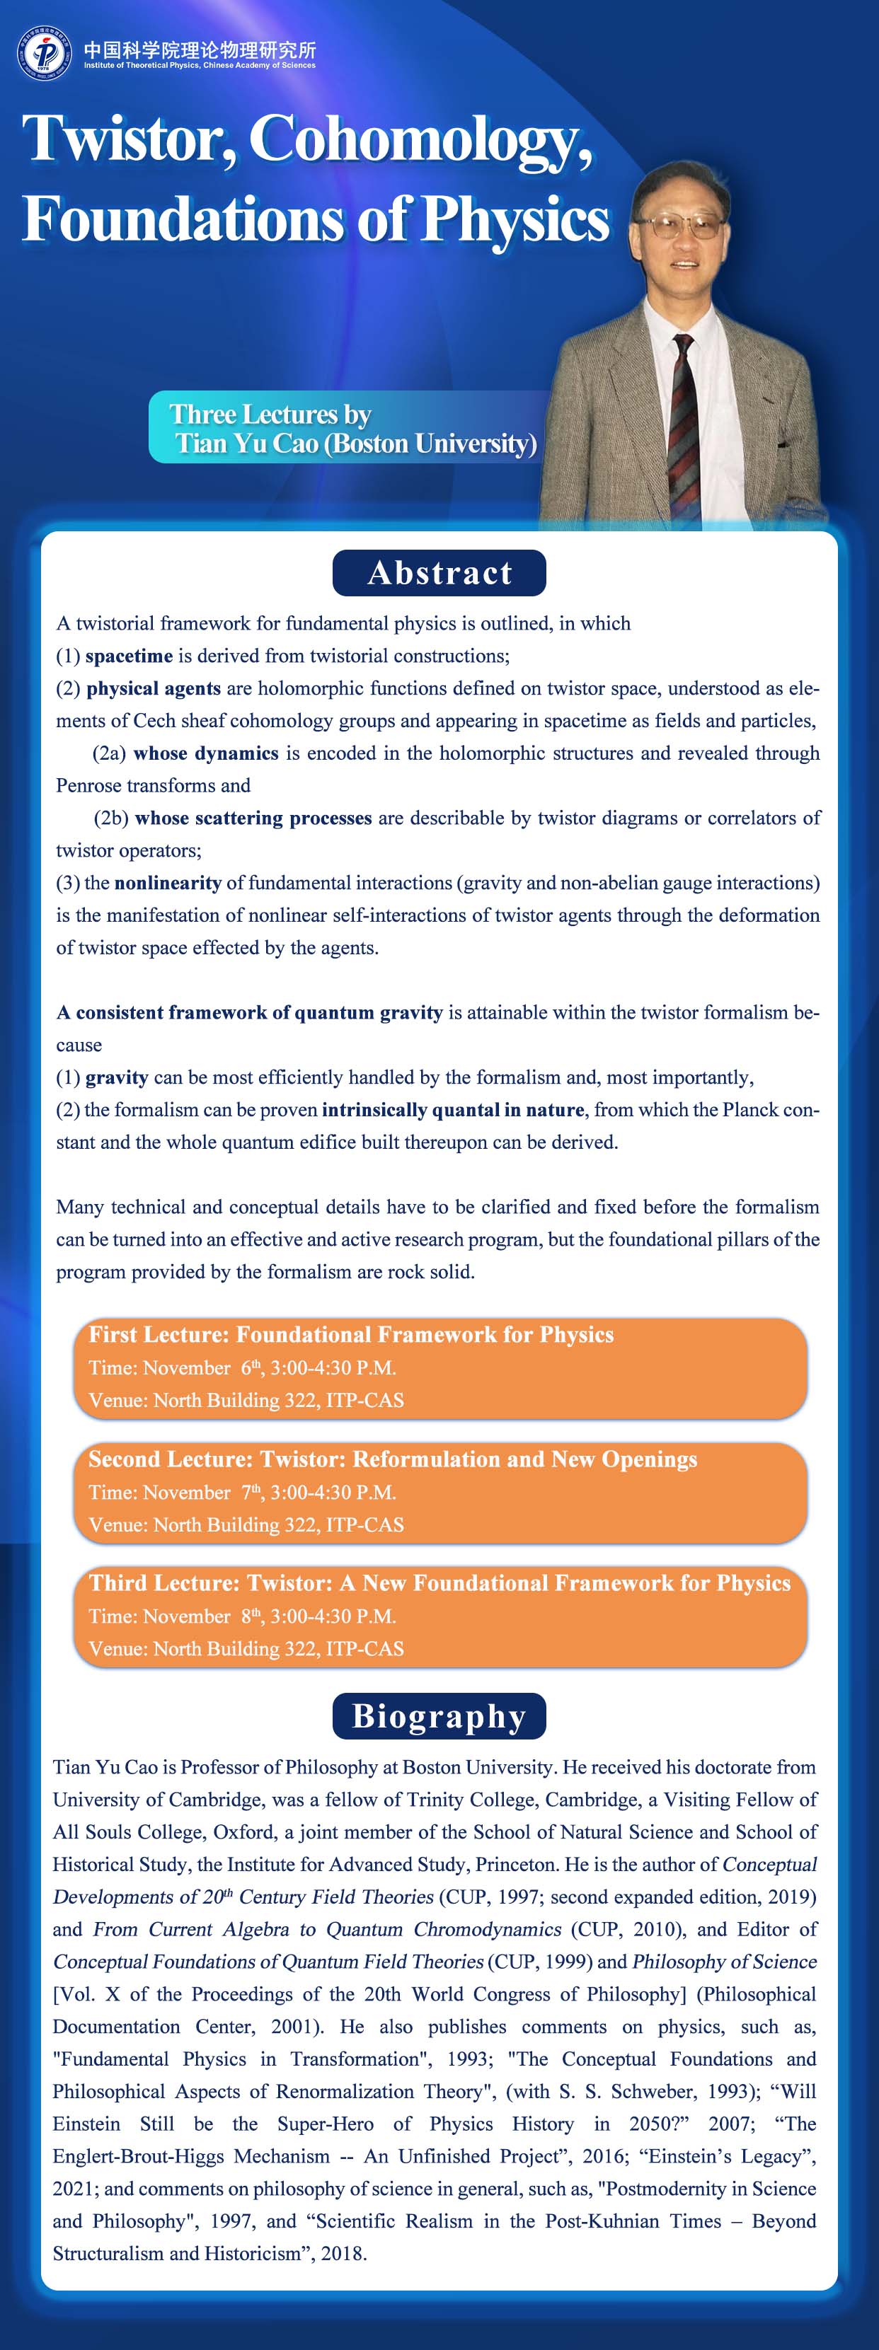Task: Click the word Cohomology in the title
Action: tap(420, 139)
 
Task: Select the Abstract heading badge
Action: tap(439, 573)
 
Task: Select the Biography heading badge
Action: tap(439, 1716)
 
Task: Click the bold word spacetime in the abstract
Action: tap(129, 656)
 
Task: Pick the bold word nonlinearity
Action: tap(168, 883)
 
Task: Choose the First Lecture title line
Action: tap(352, 1335)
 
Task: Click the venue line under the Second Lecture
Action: tap(246, 1524)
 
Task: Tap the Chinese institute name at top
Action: tap(200, 50)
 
